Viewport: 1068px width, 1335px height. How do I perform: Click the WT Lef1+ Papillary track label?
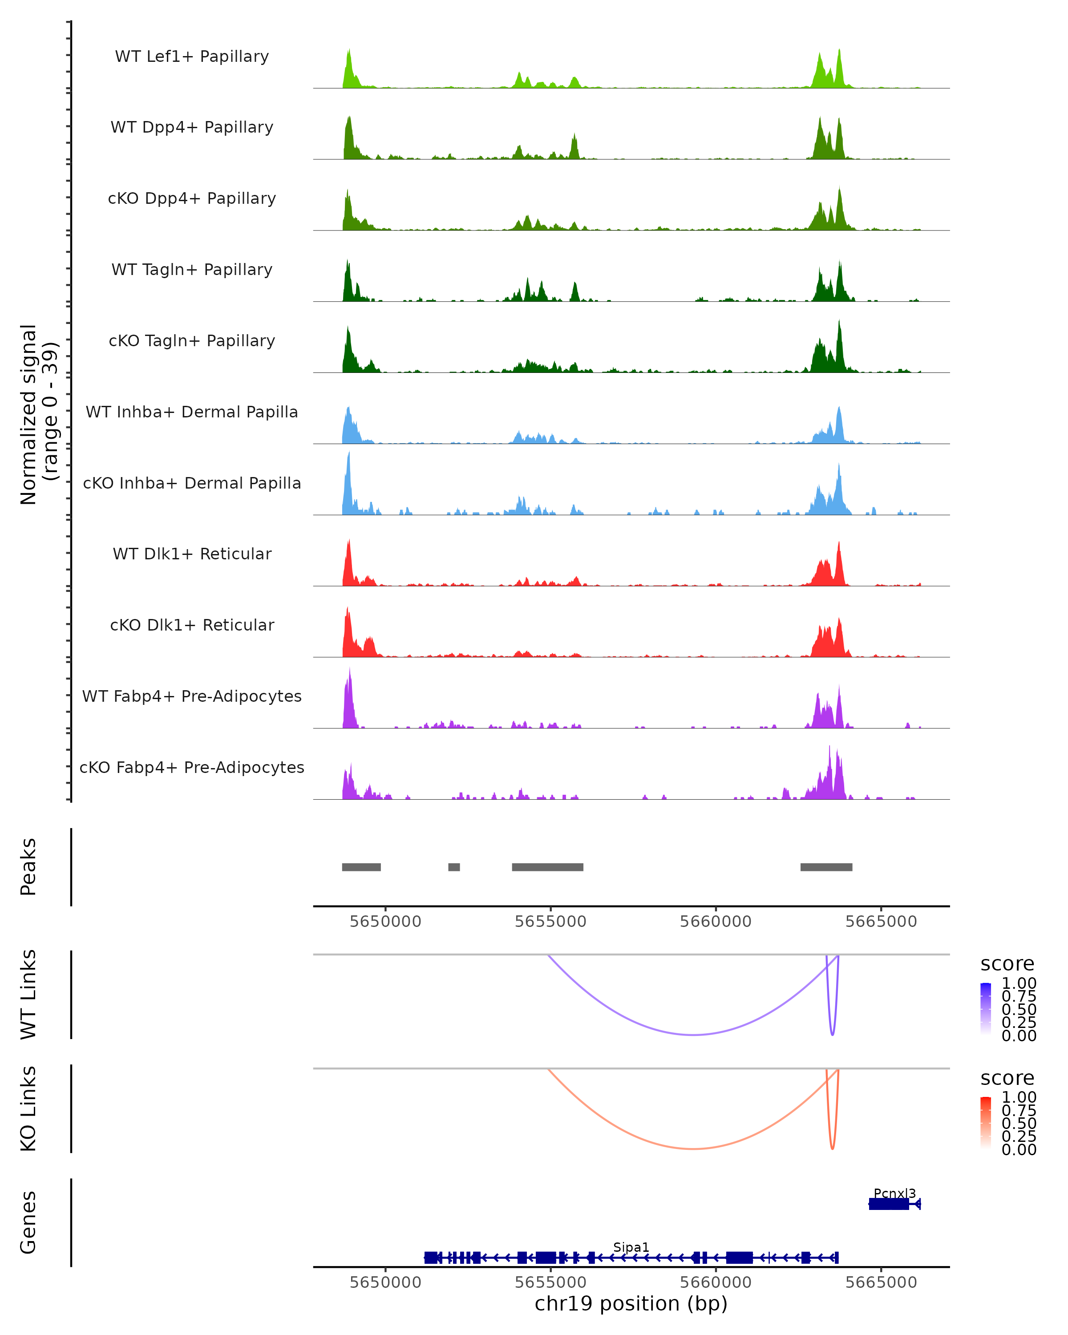point(192,57)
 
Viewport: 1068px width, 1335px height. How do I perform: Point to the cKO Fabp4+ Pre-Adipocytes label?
point(192,767)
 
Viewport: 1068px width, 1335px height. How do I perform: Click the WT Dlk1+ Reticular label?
point(192,554)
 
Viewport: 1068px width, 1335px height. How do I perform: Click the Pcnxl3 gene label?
point(894,1193)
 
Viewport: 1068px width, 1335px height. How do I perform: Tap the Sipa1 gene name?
point(631,1247)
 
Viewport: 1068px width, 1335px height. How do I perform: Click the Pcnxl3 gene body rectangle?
point(889,1204)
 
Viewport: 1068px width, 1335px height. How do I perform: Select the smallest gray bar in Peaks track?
point(454,867)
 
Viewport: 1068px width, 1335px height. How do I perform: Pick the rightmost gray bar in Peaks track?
point(826,867)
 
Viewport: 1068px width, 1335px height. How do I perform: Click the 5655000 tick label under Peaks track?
point(550,922)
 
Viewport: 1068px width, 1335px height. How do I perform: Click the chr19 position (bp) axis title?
point(631,1303)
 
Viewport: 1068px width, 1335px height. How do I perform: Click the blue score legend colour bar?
point(986,1009)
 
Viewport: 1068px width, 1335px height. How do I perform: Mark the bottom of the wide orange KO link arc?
point(693,1149)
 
